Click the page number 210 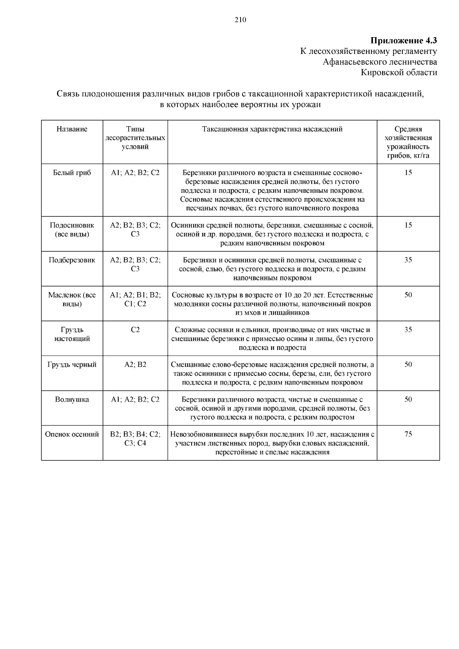click(240, 20)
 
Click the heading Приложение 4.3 click(404, 40)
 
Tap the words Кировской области click(399, 72)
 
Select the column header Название click(72, 129)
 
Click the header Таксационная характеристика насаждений click(272, 129)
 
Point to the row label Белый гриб click(72, 172)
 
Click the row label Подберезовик click(72, 260)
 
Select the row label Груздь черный click(72, 364)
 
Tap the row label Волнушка click(72, 399)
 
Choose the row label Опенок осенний click(72, 434)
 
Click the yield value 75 click(408, 434)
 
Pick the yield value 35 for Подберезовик click(408, 260)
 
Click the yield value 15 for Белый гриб click(408, 172)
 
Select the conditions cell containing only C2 click(135, 330)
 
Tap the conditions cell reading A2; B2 click(135, 364)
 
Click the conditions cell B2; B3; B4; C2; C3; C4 click(135, 439)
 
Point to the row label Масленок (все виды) click(72, 299)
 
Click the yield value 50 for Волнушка click(408, 399)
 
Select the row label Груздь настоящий click(72, 334)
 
